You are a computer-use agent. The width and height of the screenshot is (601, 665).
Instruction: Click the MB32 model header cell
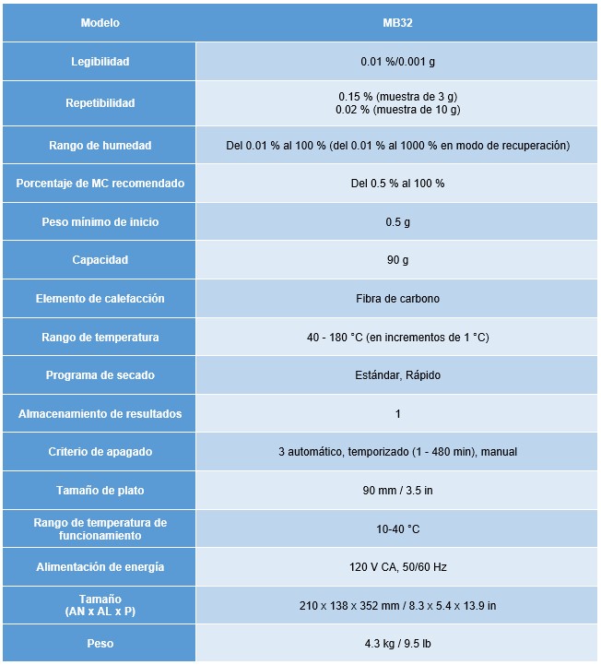pos(397,23)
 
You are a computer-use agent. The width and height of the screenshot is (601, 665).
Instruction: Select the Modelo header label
pos(100,23)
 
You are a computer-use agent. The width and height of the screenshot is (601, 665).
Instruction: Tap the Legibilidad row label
pos(100,62)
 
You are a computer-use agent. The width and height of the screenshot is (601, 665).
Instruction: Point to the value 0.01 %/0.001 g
pos(397,62)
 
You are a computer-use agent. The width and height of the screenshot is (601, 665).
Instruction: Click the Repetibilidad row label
pos(100,103)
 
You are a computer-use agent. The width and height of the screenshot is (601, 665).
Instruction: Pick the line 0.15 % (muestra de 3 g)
pos(397,96)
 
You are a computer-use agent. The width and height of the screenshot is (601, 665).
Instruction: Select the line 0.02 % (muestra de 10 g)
pos(397,110)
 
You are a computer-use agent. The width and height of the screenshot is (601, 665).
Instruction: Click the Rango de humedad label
pos(100,146)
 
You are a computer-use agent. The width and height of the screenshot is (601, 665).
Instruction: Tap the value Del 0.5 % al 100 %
pos(397,184)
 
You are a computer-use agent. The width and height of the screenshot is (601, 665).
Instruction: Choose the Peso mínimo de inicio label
pos(100,222)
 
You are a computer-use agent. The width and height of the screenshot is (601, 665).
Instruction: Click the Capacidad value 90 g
pos(397,260)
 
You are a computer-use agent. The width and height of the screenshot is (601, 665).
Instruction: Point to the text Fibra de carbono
pos(397,299)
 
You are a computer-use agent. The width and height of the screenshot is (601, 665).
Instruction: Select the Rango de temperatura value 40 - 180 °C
pos(397,338)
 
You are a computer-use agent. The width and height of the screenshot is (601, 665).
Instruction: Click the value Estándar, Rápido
pos(397,375)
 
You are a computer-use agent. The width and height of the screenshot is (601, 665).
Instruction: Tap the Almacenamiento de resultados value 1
pos(397,414)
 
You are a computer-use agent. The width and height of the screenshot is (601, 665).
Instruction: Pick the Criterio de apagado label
pos(100,452)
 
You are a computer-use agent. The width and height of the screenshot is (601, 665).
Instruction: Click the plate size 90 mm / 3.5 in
pos(397,491)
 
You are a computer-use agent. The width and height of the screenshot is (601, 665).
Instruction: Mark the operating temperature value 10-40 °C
pos(397,529)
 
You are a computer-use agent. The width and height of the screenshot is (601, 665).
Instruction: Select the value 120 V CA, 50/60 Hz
pos(397,567)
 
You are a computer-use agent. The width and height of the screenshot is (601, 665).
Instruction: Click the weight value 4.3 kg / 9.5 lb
pos(397,643)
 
